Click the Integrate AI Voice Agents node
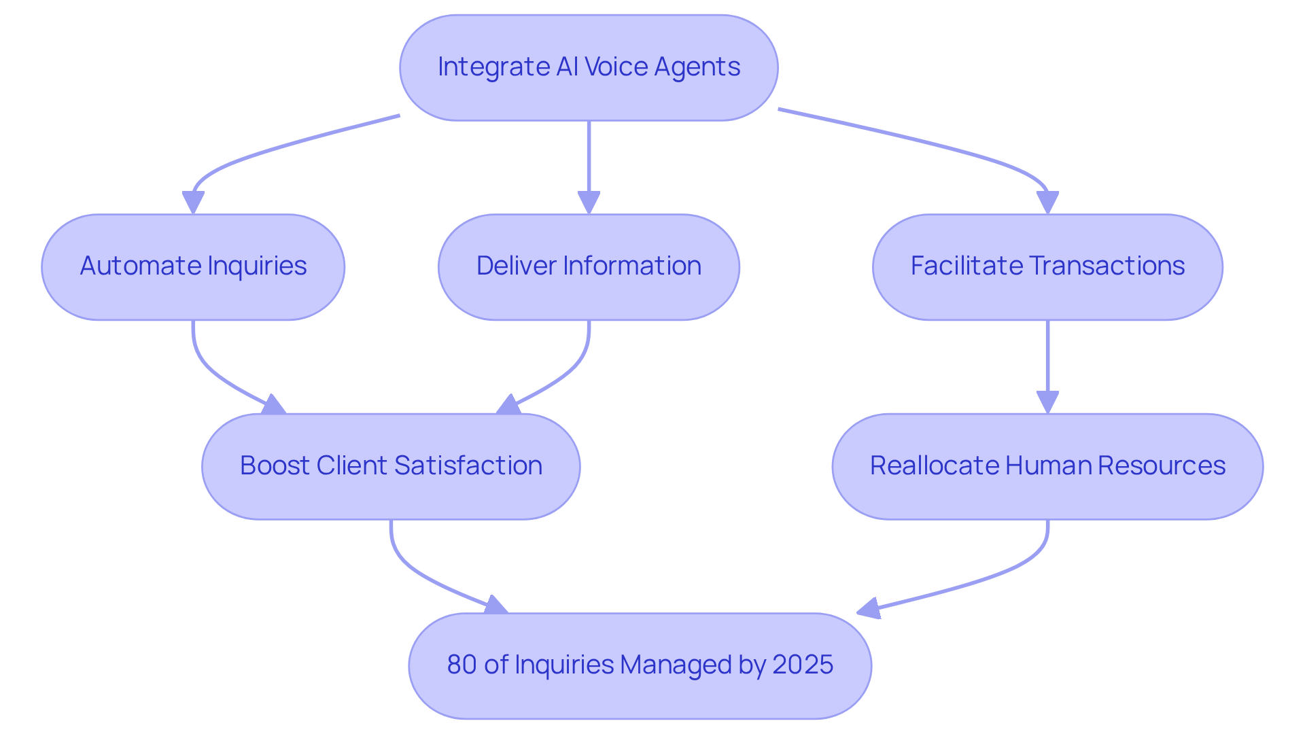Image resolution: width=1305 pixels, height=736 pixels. point(589,68)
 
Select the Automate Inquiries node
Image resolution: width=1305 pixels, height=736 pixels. point(193,267)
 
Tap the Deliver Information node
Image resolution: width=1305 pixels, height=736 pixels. point(589,267)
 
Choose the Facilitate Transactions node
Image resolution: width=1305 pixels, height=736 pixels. point(1047,267)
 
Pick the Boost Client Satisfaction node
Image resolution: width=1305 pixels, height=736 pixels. point(391,466)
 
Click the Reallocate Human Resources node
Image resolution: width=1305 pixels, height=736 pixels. point(1047,466)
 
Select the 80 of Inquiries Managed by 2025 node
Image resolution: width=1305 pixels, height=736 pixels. point(640,665)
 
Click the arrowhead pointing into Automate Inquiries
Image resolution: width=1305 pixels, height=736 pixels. point(193,203)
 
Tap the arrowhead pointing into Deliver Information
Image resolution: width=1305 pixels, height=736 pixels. point(589,203)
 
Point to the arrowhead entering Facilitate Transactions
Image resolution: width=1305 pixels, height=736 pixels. point(1047,203)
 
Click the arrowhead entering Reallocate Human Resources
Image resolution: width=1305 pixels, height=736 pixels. point(1047,402)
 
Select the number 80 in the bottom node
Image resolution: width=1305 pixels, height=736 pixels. point(462,665)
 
